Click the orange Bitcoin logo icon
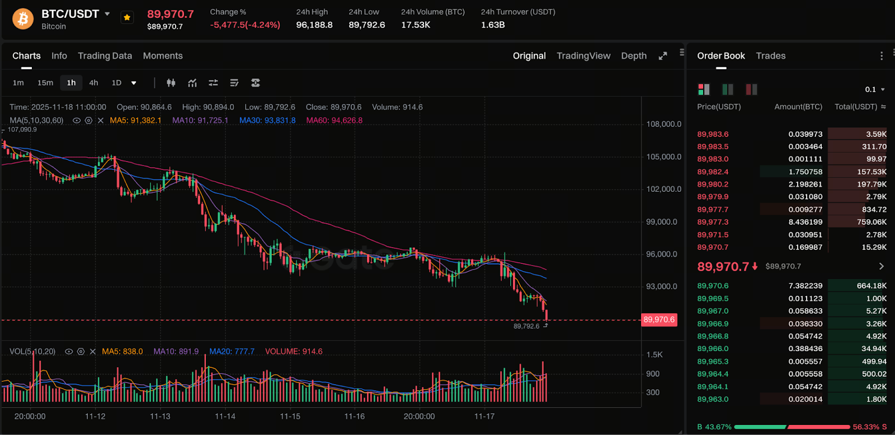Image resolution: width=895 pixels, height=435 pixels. click(23, 19)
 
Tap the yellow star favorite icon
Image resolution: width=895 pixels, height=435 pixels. click(127, 18)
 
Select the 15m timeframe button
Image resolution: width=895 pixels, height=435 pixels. click(45, 83)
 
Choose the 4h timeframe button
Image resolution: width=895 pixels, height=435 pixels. click(93, 83)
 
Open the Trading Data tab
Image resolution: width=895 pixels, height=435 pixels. click(105, 56)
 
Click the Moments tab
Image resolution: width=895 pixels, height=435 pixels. click(163, 56)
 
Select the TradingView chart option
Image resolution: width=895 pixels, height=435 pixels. click(583, 56)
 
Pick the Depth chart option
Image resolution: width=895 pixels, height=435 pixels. click(634, 56)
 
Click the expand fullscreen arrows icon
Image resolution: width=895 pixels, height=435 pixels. click(663, 56)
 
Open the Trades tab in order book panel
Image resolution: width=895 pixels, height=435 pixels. click(770, 56)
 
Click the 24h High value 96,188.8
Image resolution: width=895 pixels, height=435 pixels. click(314, 25)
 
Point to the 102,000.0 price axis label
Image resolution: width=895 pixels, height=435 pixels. click(663, 189)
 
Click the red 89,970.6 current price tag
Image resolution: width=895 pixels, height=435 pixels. click(659, 320)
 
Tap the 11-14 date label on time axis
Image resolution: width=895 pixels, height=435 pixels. click(225, 417)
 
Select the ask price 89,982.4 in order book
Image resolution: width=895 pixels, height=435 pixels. click(713, 172)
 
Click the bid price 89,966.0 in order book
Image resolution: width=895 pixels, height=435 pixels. click(713, 349)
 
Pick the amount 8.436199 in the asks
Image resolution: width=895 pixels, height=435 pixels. click(805, 222)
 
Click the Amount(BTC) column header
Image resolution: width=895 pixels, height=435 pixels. click(798, 107)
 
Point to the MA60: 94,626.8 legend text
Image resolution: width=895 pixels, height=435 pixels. click(334, 120)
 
